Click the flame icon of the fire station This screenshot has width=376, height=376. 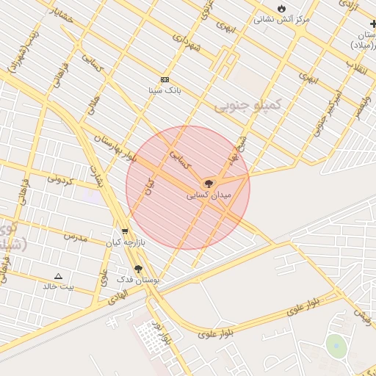281,8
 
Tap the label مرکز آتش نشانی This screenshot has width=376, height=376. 281,19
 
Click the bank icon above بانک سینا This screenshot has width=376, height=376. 164,79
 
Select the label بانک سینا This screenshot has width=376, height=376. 164,90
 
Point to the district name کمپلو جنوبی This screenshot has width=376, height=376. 247,105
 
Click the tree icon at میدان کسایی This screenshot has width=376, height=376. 209,183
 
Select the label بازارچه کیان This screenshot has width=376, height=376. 125,242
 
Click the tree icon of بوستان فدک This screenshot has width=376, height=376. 138,270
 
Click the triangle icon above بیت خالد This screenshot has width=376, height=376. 58,276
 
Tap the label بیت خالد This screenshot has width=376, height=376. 58,287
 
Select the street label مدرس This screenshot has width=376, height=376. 75,237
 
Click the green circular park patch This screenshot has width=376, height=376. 336,345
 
